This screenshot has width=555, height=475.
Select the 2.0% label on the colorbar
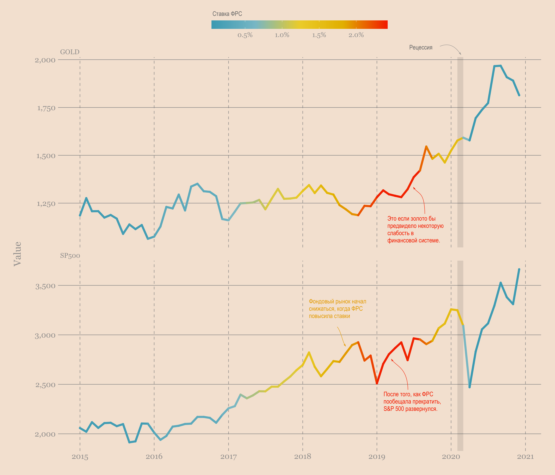[x=356, y=35]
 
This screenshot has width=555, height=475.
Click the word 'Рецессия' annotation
[x=420, y=48]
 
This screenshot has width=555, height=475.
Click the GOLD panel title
[x=70, y=52]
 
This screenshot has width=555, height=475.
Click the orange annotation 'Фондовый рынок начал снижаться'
[x=337, y=309]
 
